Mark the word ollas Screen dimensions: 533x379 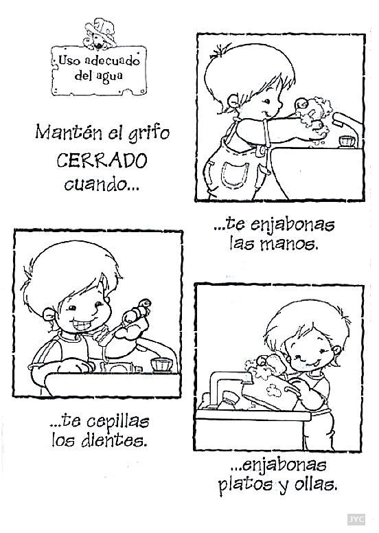[x=317, y=486]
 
